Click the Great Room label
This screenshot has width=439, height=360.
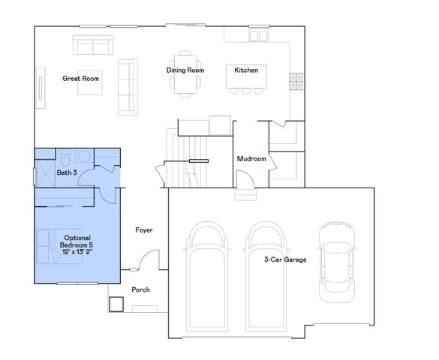tap(81, 78)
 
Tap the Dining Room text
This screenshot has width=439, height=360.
tap(185, 70)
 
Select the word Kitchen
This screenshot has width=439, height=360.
tap(246, 70)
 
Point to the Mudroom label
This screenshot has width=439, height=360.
tap(251, 159)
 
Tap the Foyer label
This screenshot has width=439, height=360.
tap(144, 230)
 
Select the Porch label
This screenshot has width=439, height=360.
tap(141, 289)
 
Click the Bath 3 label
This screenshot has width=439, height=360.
tap(67, 173)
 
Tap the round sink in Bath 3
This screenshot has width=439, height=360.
tap(83, 157)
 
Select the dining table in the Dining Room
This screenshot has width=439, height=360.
tap(185, 72)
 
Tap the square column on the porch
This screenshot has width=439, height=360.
tap(116, 304)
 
